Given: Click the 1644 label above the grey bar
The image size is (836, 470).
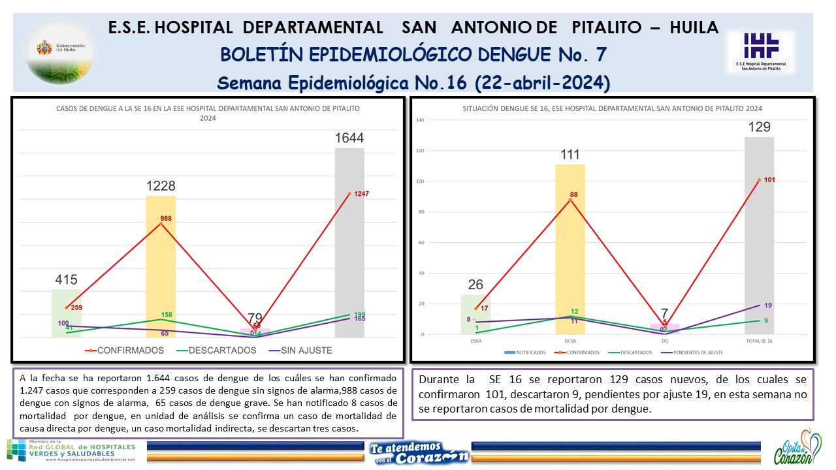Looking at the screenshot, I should [349, 138].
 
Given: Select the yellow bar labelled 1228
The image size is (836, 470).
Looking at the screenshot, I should [161, 268].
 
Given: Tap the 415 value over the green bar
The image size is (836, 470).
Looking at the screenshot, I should [66, 280].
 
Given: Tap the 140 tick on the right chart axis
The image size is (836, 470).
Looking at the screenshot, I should [421, 120].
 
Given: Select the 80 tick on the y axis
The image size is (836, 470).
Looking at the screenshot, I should [422, 212].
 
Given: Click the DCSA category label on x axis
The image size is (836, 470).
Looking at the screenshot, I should [570, 341].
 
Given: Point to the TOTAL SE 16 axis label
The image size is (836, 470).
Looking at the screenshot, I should [760, 341].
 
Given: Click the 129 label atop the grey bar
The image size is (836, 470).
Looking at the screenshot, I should [760, 127].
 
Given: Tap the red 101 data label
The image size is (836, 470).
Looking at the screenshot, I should [769, 180].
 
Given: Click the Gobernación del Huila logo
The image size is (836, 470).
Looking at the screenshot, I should [60, 52].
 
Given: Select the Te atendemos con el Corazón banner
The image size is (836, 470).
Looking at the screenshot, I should [418, 452].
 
